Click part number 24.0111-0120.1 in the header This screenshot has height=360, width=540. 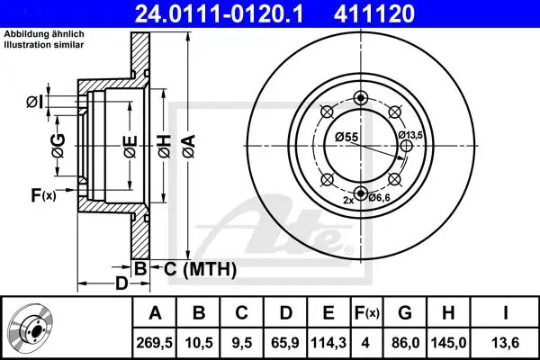pyautogui.click(x=219, y=13)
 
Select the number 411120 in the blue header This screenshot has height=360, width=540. pyautogui.click(x=374, y=13)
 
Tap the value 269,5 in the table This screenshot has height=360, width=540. pyautogui.click(x=154, y=343)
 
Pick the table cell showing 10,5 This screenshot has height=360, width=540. pyautogui.click(x=199, y=343)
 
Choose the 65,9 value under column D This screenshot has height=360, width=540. pyautogui.click(x=285, y=343)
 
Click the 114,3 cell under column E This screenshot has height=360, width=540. pyautogui.click(x=328, y=343)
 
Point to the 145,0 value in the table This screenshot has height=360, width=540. pyautogui.click(x=448, y=343)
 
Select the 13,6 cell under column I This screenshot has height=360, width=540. pyautogui.click(x=505, y=343)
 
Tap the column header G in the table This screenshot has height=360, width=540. pyautogui.click(x=405, y=313)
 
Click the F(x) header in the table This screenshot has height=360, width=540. pyautogui.click(x=366, y=313)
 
